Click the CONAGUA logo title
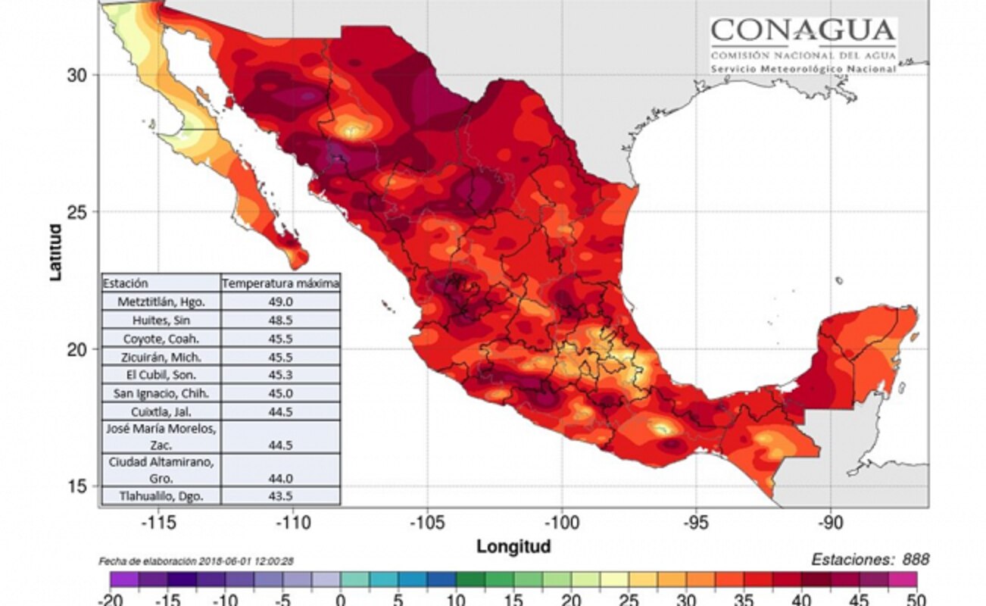click(803, 32)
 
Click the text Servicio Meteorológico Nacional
click(803, 69)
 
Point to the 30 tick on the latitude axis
click(78, 74)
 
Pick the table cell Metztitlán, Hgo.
click(161, 301)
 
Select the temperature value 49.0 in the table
click(279, 301)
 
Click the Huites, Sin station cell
click(161, 320)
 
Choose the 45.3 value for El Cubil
click(279, 374)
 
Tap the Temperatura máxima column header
click(280, 283)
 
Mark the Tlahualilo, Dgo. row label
click(161, 496)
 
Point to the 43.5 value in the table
click(279, 496)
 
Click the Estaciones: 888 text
click(870, 560)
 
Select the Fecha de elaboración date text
click(196, 561)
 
